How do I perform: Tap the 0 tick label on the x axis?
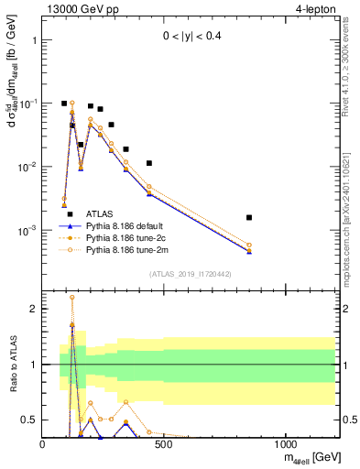(x=43, y=445)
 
